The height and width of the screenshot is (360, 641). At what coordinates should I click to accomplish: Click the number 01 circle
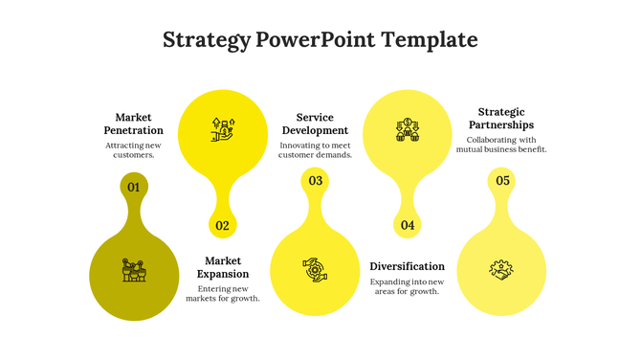point(134,187)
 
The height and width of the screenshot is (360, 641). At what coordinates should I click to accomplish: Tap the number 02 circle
point(223,226)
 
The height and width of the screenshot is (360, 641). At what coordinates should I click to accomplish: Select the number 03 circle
point(315,181)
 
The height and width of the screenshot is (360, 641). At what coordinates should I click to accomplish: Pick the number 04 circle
point(408,226)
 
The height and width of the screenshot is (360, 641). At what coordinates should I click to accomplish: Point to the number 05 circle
point(501,181)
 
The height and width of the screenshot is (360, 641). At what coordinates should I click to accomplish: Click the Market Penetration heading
point(133,124)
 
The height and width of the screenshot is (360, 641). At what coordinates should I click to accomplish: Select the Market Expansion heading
point(223,267)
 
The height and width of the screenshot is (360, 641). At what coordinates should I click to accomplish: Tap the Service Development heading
point(315,124)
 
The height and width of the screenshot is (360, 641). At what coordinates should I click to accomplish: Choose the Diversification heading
point(407,266)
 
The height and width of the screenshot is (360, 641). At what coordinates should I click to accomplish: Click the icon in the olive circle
point(134,270)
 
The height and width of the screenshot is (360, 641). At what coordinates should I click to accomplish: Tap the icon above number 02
point(223,128)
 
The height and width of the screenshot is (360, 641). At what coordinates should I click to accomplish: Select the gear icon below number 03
point(315,270)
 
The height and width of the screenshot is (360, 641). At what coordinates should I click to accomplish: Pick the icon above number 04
point(408,129)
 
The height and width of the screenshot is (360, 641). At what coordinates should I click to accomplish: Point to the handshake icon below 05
point(501,270)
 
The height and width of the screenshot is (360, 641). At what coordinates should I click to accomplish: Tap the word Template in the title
point(430,40)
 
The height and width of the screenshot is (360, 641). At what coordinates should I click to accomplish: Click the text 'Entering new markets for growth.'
point(223,293)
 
